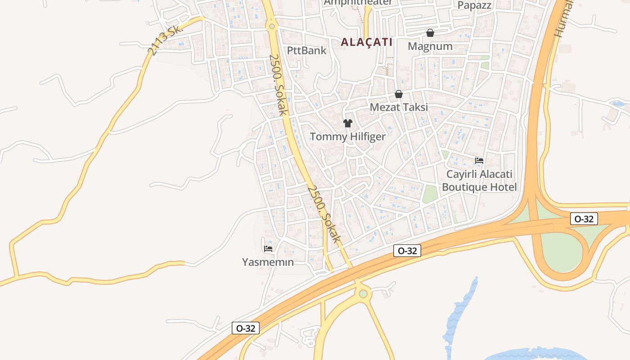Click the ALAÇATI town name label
point(366,42)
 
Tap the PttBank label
point(306,50)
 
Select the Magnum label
point(430,46)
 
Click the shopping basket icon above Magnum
point(430,33)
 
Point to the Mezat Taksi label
point(399,108)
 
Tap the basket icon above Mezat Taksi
point(399,94)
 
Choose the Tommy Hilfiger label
point(347,137)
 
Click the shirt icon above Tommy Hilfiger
point(347,123)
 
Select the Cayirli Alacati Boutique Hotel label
point(479,180)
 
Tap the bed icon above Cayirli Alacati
point(479,160)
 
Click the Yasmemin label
point(268,262)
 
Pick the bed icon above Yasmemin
point(268,248)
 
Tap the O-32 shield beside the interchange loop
point(584,219)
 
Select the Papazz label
point(474,5)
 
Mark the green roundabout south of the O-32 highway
point(363,294)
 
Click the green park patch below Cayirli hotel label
point(430,194)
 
